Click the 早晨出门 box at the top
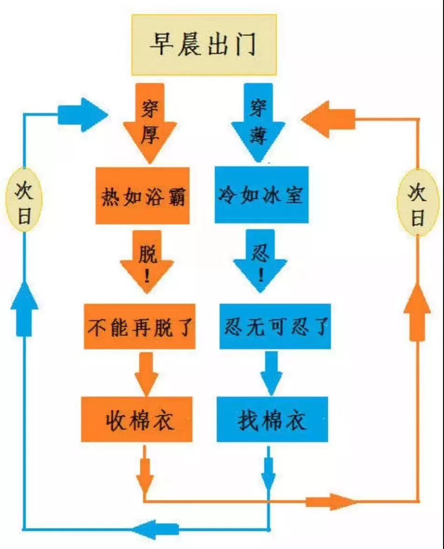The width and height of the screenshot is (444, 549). [x=204, y=45]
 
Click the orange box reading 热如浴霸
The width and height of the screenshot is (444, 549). [x=142, y=196]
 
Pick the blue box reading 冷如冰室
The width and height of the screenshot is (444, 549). [x=261, y=195]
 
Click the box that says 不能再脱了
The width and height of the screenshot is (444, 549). [x=139, y=327]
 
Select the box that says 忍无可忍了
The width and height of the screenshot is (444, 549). [x=275, y=327]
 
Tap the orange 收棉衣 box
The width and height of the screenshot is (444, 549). [x=137, y=419]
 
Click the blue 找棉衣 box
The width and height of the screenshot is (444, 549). [x=272, y=419]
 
